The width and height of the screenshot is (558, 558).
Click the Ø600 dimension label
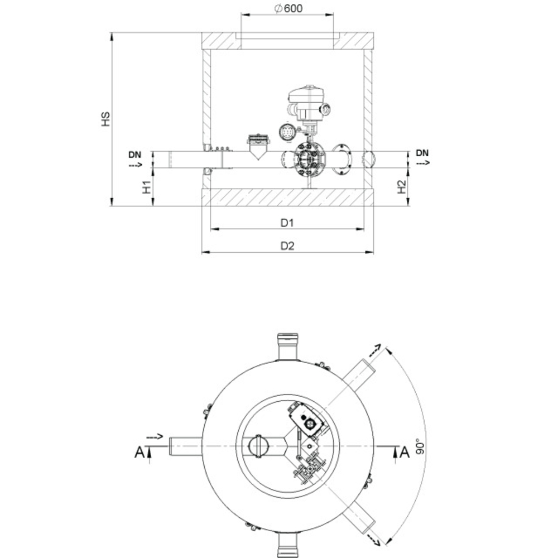point(289,8)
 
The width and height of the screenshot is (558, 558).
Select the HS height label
point(105,119)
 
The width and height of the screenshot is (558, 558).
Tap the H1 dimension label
point(147,187)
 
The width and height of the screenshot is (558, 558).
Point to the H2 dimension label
point(401,187)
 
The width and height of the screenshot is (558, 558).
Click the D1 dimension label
point(287,223)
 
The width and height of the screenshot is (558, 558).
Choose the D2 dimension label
point(287,246)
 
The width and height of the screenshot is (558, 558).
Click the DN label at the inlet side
point(135,155)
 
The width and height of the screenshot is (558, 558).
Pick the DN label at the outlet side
point(422,153)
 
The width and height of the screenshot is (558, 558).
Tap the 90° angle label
point(420,446)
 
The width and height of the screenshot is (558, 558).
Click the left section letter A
point(139,453)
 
